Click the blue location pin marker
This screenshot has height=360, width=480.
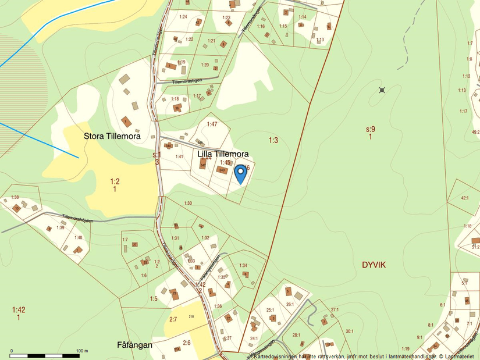point(240,174)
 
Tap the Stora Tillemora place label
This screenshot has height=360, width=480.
point(112,136)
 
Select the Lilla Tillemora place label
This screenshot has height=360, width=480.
point(223,154)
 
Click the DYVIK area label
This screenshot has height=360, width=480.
point(374,265)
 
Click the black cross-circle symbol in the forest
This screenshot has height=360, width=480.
point(382,90)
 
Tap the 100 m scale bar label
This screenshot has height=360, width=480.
point(81,351)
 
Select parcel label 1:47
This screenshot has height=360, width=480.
point(212,124)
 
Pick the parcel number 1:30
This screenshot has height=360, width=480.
point(187,203)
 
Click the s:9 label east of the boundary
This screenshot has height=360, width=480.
point(371,129)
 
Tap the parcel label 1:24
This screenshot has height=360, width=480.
point(183,17)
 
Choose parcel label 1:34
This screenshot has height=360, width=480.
point(243,266)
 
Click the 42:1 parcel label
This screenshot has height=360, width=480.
point(464,198)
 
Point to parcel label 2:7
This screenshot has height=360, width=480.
point(173,319)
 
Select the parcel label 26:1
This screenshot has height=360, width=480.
point(289,304)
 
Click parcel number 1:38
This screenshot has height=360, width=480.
point(15,197)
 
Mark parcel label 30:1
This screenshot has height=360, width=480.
point(349,331)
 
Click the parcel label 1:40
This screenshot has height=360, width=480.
point(78,237)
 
